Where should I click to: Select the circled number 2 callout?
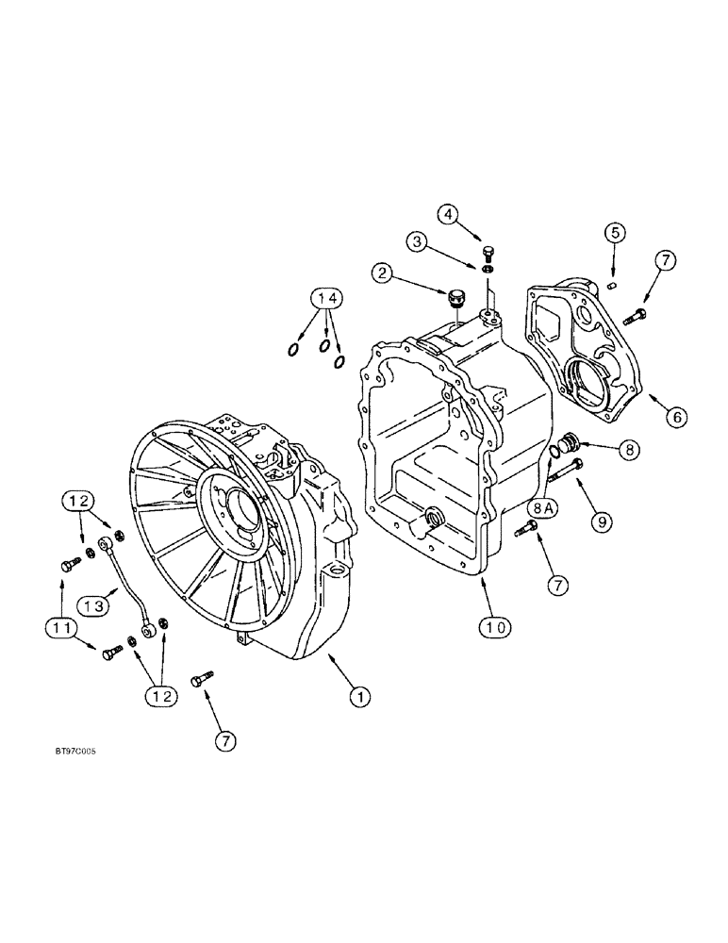383,273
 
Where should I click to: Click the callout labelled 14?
325,300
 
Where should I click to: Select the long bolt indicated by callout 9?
563,469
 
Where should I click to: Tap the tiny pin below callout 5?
613,280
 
